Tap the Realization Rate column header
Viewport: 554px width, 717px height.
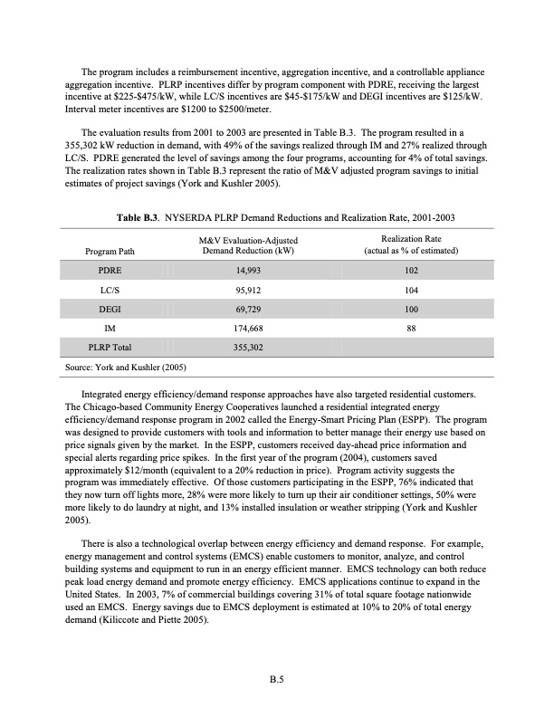coord(411,244)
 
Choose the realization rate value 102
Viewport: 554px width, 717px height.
coord(411,270)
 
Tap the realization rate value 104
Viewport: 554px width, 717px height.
coord(411,290)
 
